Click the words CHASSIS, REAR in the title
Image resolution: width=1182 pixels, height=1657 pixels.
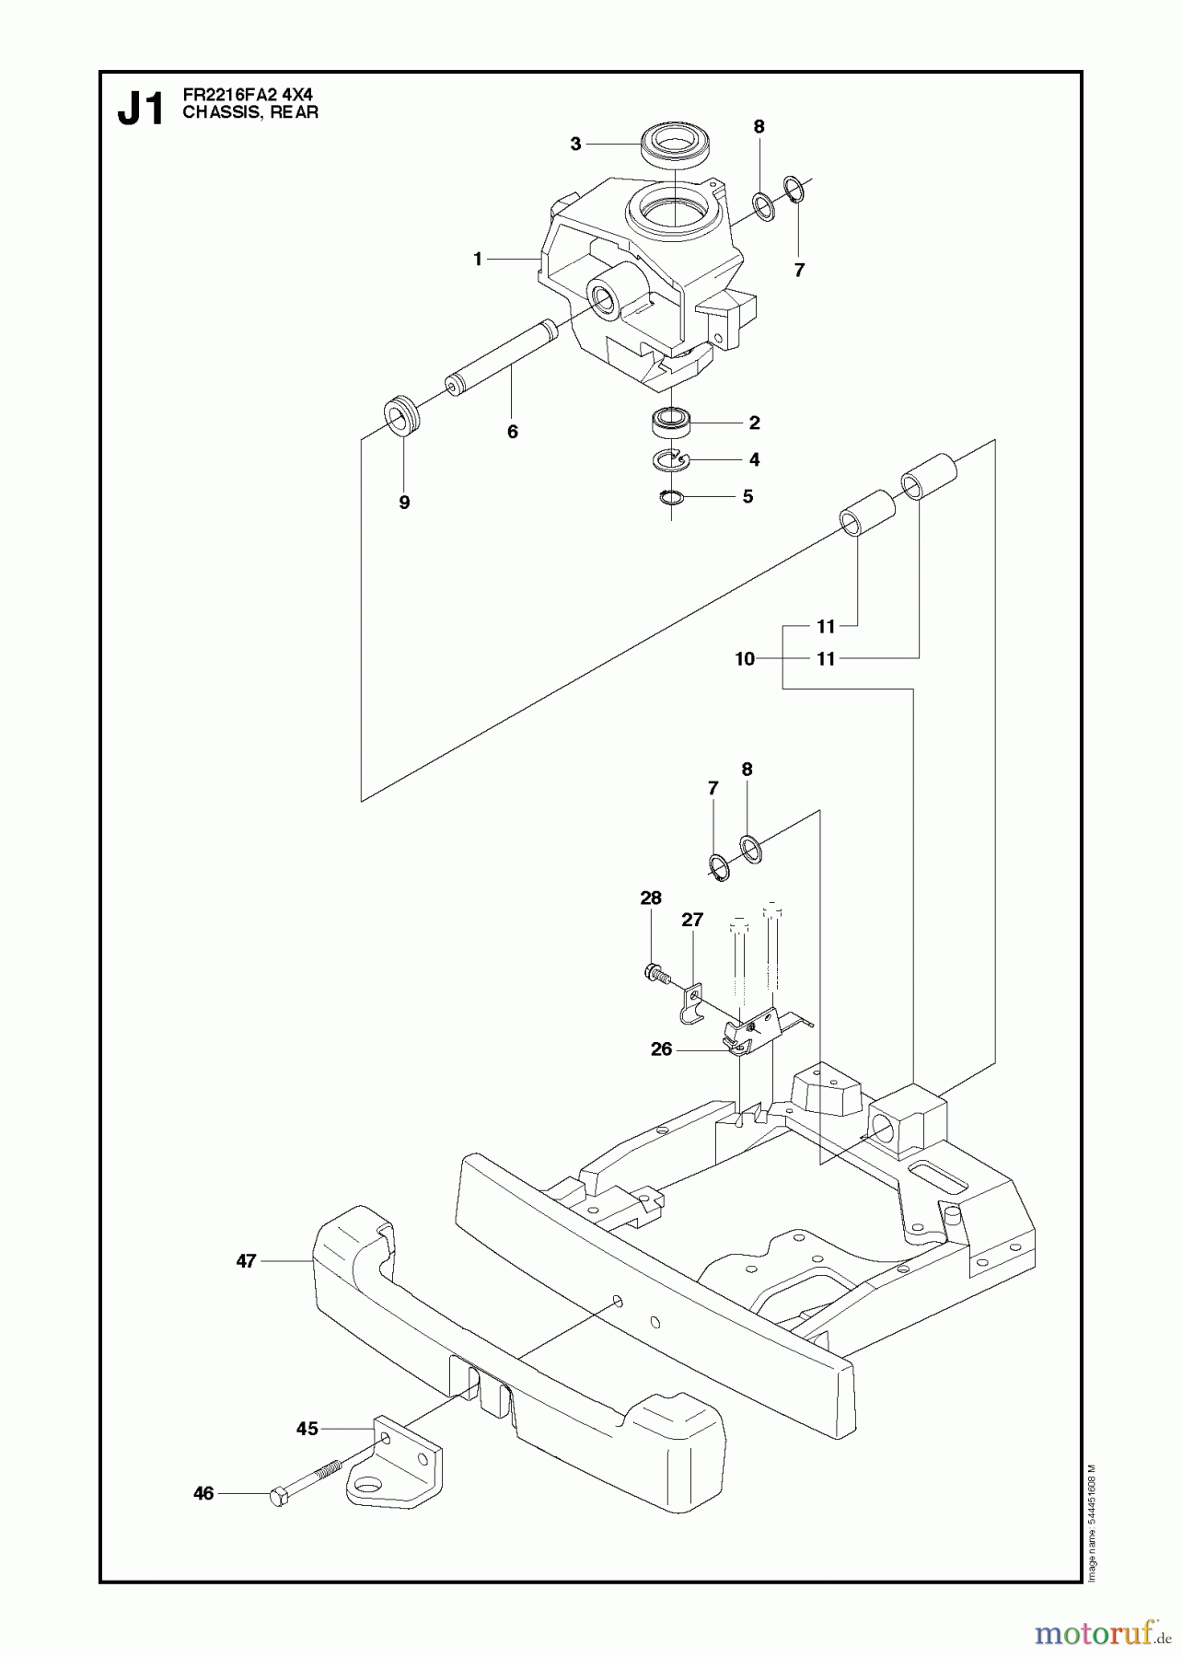[250, 112]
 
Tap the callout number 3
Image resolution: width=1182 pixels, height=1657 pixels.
[575, 144]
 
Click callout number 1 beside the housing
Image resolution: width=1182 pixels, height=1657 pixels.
[478, 260]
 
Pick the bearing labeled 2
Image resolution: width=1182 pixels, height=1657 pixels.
[671, 423]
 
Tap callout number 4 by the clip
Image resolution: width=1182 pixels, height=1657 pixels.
[754, 459]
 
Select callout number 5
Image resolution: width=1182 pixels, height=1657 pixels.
[747, 497]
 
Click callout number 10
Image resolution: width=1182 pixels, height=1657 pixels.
[745, 658]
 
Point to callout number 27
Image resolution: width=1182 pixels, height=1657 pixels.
[692, 920]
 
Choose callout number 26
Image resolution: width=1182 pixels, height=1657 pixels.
[661, 1049]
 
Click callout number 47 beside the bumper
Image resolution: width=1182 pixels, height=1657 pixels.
[246, 1261]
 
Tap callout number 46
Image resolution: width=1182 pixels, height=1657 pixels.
[203, 1493]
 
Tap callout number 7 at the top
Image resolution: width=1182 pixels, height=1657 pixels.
[799, 270]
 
